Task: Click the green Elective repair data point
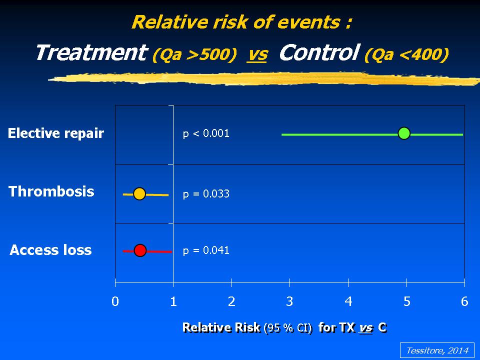click(x=404, y=133)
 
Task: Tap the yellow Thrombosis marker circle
click(x=139, y=194)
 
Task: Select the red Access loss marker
click(x=140, y=250)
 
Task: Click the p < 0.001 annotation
click(x=206, y=133)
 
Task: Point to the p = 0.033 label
click(x=206, y=194)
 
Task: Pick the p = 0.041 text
click(x=206, y=250)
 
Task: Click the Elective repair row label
click(x=56, y=133)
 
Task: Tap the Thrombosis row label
click(x=51, y=191)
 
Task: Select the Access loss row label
click(x=50, y=250)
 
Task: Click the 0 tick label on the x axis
click(x=115, y=301)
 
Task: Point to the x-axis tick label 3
click(x=289, y=301)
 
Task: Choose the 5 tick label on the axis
click(x=406, y=301)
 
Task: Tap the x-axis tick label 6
click(x=464, y=301)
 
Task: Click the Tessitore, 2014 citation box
click(x=437, y=350)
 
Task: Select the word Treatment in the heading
click(x=91, y=52)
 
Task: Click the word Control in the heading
click(x=319, y=52)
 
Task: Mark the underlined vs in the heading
click(x=257, y=55)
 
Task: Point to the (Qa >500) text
click(x=194, y=54)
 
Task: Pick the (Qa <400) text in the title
click(x=407, y=54)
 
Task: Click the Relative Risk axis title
click(x=284, y=327)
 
